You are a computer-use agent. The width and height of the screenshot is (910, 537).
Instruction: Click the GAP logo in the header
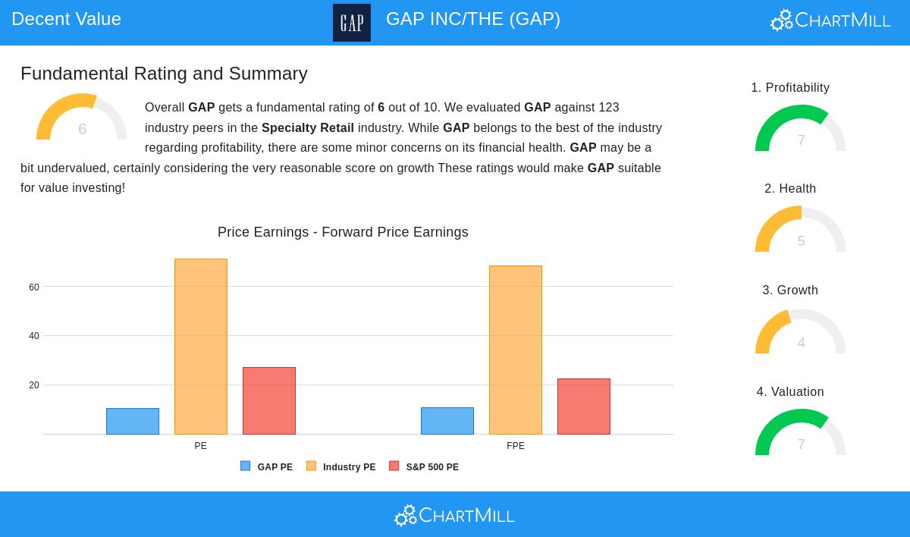352,23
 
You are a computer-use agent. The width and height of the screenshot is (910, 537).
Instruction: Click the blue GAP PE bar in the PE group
133,421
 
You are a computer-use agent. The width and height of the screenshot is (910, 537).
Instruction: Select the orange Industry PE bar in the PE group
201,347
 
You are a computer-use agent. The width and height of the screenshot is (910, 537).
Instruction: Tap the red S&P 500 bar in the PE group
269,400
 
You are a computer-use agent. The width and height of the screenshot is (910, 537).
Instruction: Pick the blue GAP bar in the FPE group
447,421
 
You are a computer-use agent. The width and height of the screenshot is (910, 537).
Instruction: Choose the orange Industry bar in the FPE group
516,350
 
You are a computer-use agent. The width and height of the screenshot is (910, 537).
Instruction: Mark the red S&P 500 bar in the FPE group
584,407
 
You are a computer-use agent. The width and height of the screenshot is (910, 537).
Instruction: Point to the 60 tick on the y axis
34,287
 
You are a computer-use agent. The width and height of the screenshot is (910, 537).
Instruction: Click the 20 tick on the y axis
34,385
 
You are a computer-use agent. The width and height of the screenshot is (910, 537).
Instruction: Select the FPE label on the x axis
516,446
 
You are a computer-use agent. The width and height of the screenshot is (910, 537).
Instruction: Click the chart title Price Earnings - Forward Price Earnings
343,232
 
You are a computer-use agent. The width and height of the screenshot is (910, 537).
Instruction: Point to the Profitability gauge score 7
801,140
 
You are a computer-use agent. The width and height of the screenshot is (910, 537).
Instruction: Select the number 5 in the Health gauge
801,241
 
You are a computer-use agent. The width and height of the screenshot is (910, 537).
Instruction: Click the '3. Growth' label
790,290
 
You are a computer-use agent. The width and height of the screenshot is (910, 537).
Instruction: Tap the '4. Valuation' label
790,391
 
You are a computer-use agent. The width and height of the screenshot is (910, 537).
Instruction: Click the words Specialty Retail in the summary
308,127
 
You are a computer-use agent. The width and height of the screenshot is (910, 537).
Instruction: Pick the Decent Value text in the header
67,19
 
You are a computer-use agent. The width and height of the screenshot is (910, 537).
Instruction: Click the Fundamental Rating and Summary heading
164,74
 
